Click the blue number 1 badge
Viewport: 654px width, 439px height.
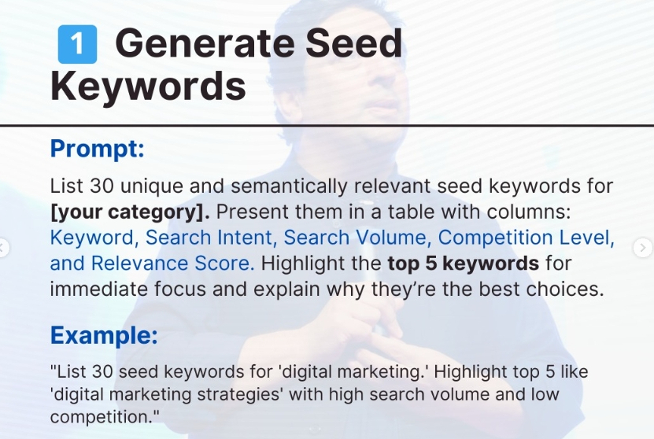[77, 44]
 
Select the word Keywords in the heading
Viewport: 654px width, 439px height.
[148, 87]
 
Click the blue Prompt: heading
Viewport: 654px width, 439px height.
[97, 149]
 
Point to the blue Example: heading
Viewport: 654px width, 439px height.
[104, 335]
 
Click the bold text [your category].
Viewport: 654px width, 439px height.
[130, 212]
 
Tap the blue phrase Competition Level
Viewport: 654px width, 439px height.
[526, 238]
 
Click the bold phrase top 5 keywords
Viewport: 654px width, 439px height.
[463, 264]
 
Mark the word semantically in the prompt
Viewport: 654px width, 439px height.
[288, 186]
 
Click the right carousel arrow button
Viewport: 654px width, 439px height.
[643, 248]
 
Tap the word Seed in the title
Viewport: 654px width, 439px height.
[354, 43]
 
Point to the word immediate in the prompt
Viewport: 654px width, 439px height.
[99, 289]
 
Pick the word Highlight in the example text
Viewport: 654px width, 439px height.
[470, 372]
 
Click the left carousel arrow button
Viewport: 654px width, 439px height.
[2, 248]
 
